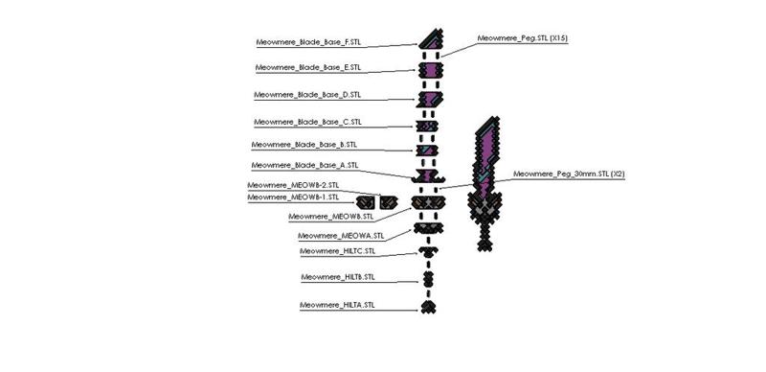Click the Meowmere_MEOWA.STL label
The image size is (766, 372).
(x=341, y=235)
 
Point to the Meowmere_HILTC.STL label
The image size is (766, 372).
(x=337, y=251)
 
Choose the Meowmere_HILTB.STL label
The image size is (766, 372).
(x=337, y=277)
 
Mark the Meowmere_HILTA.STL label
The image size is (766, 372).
(x=337, y=305)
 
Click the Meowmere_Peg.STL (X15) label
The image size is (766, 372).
(x=523, y=38)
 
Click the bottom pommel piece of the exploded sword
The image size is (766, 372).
(x=428, y=306)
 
